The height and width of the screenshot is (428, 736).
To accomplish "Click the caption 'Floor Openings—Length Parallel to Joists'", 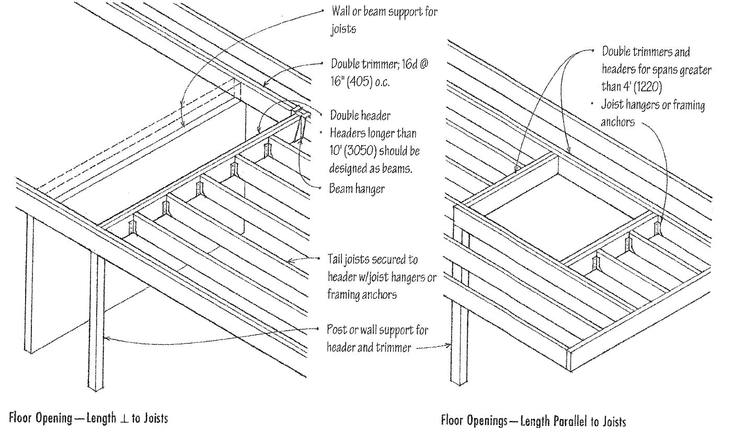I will (x=533, y=421).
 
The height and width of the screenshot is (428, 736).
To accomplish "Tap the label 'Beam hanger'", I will (x=356, y=189).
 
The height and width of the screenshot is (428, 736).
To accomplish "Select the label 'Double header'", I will (x=360, y=116).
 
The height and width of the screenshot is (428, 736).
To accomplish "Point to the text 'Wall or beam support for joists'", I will (x=384, y=20).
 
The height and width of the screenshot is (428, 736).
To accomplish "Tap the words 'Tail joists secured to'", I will (x=372, y=260).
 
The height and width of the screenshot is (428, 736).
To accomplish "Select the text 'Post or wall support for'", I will (x=377, y=330).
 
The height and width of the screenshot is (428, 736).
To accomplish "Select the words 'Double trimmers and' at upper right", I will (x=646, y=52).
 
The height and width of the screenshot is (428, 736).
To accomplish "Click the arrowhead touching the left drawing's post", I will (x=107, y=339).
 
